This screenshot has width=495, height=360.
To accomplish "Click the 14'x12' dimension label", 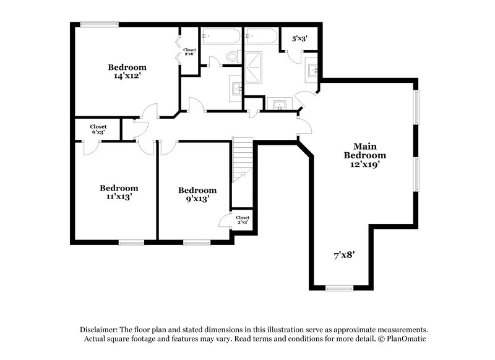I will point(127,77).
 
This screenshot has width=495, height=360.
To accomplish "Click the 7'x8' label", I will point(345,254).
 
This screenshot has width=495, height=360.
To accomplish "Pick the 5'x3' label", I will point(299,38).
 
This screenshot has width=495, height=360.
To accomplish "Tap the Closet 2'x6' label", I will point(189,52).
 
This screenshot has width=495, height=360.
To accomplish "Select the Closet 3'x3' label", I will point(243,220).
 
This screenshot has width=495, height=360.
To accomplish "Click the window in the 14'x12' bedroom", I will point(100,24).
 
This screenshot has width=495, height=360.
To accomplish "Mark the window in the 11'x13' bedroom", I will point(131,242).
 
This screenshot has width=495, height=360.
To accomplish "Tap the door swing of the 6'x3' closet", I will point(90,147).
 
